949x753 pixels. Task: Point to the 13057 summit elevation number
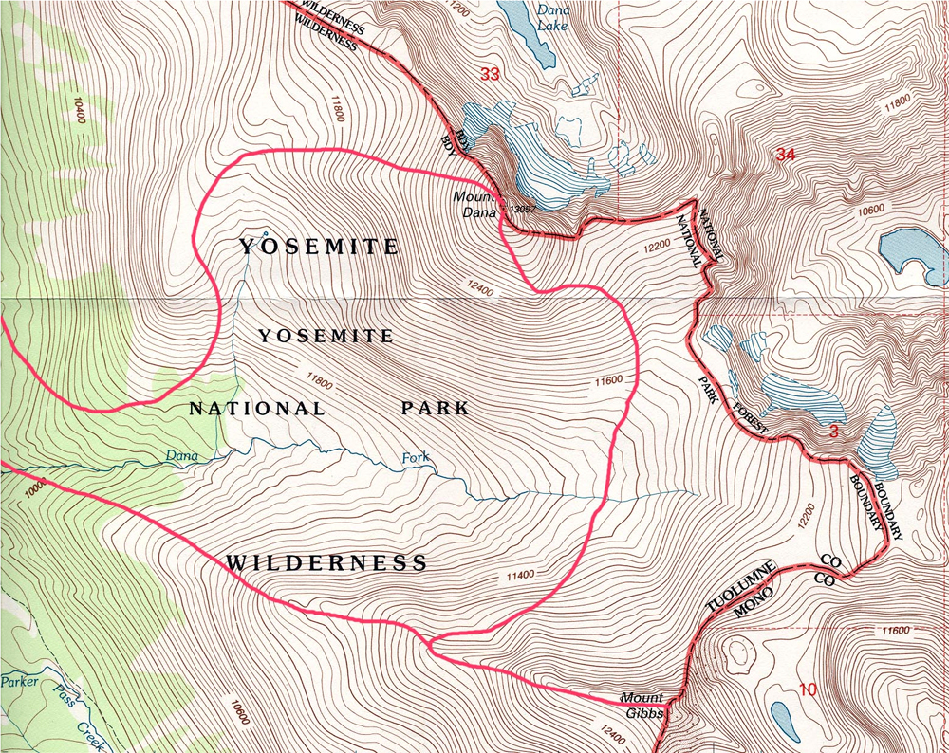[523, 208]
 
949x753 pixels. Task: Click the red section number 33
[490, 74]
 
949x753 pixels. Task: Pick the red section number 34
[784, 155]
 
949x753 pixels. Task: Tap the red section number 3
[833, 432]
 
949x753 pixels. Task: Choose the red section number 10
[807, 689]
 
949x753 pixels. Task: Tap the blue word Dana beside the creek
[181, 456]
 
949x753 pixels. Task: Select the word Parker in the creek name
[18, 681]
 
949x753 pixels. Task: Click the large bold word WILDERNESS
[326, 563]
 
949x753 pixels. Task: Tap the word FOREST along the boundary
[749, 421]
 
